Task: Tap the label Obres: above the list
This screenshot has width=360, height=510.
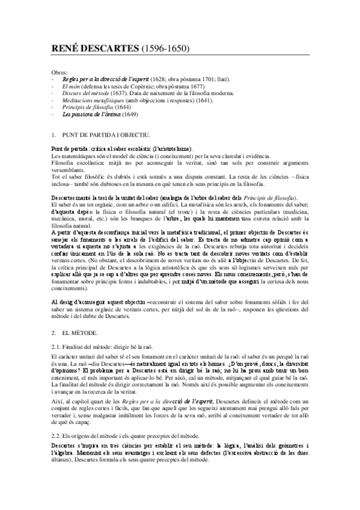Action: (61, 72)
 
